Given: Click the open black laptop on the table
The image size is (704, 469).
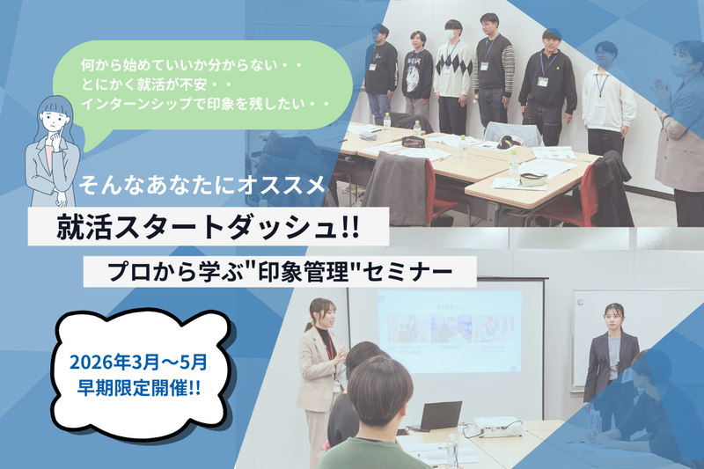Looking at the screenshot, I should pos(436,415).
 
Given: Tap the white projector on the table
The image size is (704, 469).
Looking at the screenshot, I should pos(497,428).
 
